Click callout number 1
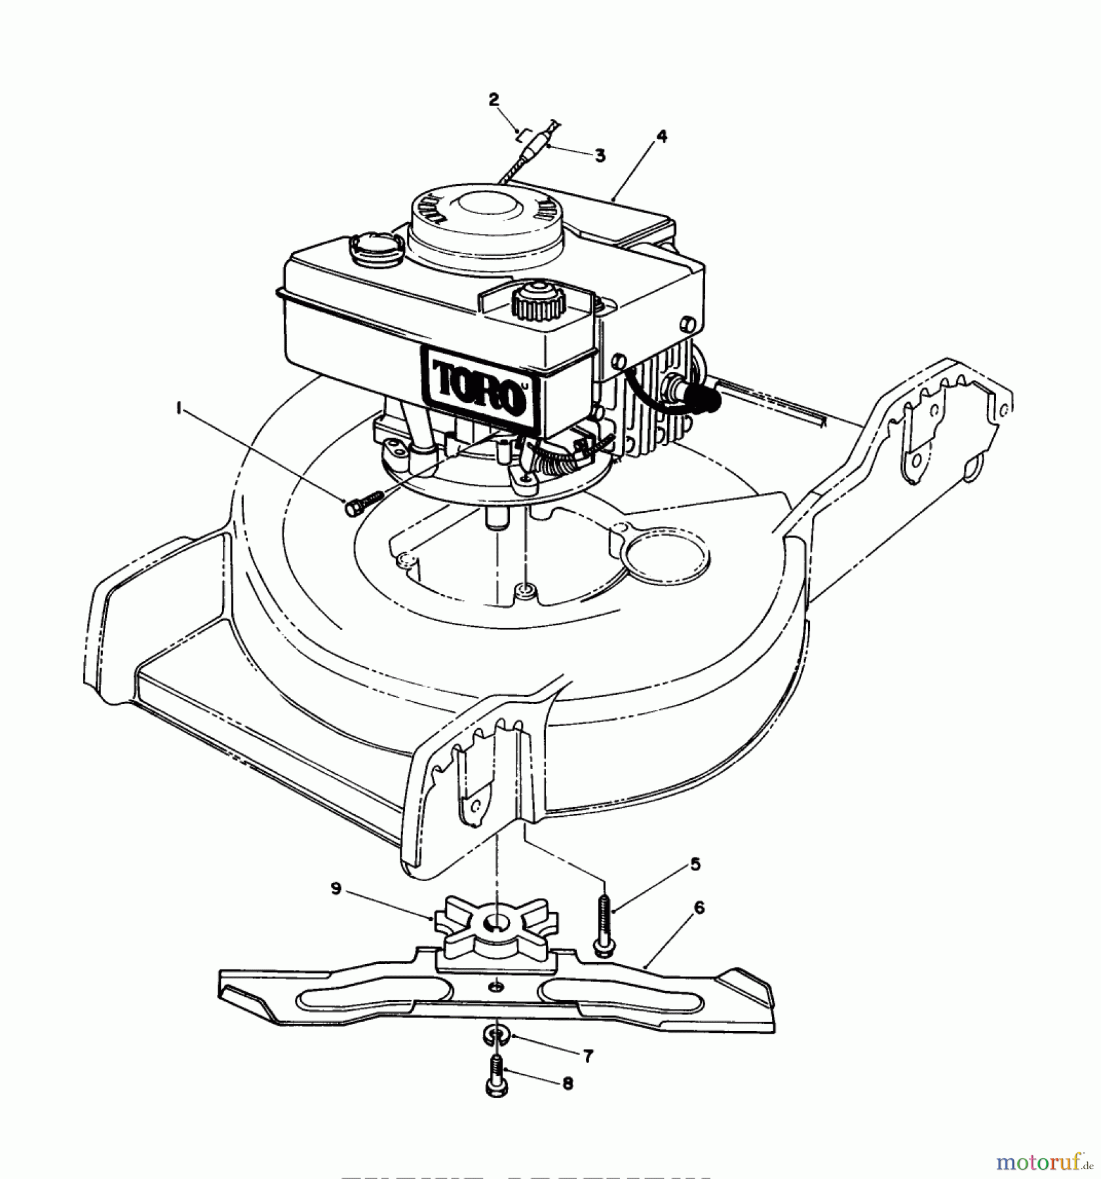(x=178, y=408)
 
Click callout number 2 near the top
(x=493, y=100)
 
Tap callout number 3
(x=600, y=156)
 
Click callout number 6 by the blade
(x=699, y=908)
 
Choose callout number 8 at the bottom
(x=568, y=1102)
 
